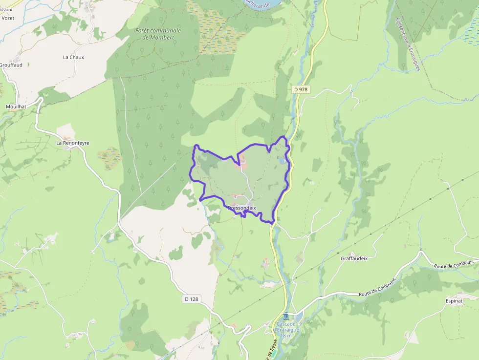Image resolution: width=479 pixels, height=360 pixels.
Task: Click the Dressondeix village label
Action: click(x=241, y=208)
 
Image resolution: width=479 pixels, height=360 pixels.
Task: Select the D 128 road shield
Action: click(x=193, y=299)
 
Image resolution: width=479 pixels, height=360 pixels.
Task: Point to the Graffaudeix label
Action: click(x=354, y=258)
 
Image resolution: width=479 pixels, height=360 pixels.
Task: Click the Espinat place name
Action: click(x=454, y=301)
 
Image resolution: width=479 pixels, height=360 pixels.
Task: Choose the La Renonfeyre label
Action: click(x=73, y=143)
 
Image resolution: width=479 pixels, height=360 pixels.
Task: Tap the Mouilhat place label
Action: click(x=16, y=106)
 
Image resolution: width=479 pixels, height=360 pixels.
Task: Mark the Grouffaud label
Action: click(x=11, y=65)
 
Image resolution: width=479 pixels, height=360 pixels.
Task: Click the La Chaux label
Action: click(x=73, y=57)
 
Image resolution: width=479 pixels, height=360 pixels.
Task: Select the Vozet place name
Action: click(x=8, y=18)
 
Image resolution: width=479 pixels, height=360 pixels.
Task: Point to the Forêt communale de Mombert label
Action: click(x=158, y=34)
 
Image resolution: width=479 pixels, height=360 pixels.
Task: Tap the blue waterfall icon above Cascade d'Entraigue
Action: click(x=286, y=317)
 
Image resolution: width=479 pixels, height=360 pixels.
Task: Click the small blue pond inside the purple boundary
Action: click(x=282, y=160)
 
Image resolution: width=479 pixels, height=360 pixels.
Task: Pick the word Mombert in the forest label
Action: click(x=162, y=37)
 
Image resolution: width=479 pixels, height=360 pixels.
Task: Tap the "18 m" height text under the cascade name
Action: click(x=286, y=336)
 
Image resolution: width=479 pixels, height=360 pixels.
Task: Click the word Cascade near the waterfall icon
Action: click(x=286, y=324)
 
